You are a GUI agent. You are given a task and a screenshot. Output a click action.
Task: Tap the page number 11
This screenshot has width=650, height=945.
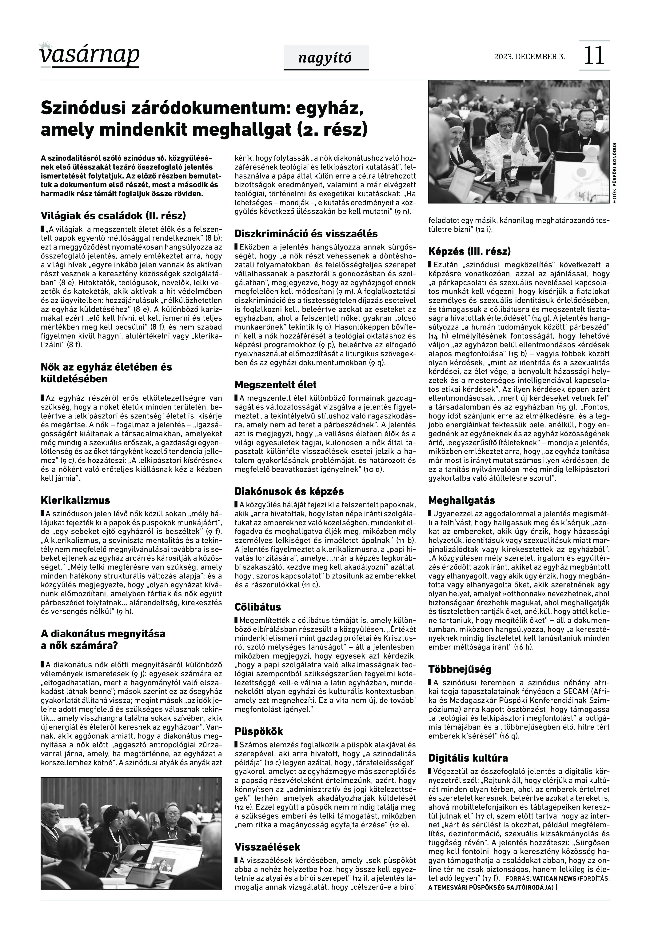point(594,56)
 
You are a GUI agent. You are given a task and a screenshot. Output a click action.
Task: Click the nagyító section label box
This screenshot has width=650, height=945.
point(326,58)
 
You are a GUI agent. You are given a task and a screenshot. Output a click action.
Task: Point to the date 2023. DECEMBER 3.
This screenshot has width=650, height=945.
point(529,57)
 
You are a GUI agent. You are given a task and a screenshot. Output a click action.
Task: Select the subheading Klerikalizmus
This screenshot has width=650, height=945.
point(75,500)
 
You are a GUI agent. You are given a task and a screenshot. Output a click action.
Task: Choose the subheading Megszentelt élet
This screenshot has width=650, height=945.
point(275,385)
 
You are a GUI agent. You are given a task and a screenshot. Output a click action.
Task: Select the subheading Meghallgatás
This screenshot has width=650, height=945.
point(461,500)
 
